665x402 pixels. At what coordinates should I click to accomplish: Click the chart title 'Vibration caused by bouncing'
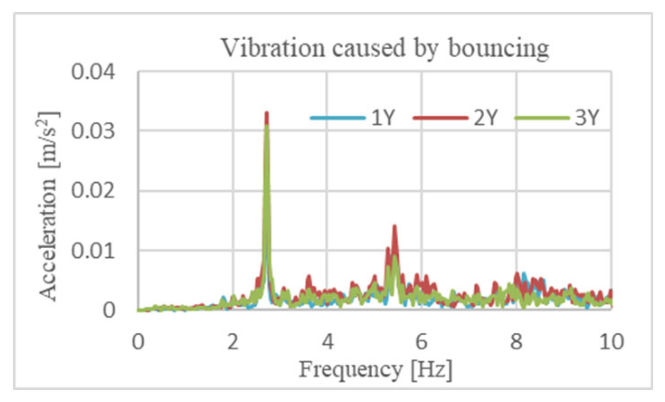tap(385, 47)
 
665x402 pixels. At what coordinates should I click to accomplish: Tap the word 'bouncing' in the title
tap(499, 48)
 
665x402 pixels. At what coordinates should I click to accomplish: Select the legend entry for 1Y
tap(353, 117)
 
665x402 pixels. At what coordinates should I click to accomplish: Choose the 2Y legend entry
tap(455, 117)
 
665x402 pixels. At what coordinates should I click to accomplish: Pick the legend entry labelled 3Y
tap(557, 117)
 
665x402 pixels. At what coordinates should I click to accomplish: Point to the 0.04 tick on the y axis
tap(93, 72)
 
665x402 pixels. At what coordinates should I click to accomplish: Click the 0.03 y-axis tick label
tap(93, 131)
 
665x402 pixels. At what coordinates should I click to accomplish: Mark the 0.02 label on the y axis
tap(93, 191)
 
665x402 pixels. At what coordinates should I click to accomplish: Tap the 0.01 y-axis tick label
tap(93, 251)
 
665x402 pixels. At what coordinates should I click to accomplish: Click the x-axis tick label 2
tap(232, 341)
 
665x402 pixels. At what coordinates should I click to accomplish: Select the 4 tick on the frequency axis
tap(327, 341)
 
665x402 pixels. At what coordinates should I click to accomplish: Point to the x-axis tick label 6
tap(422, 341)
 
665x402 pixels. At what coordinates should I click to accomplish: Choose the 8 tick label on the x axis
tap(516, 341)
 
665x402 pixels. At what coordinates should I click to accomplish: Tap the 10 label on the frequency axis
tap(611, 341)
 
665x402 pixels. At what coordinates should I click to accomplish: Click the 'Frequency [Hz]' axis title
tap(376, 369)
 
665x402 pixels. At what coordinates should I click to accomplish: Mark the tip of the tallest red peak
tap(267, 112)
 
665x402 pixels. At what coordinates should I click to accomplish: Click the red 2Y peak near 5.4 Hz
tap(395, 226)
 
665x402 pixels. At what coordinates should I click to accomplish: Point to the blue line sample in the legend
tap(338, 118)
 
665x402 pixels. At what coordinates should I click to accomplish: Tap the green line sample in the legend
tap(542, 118)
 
